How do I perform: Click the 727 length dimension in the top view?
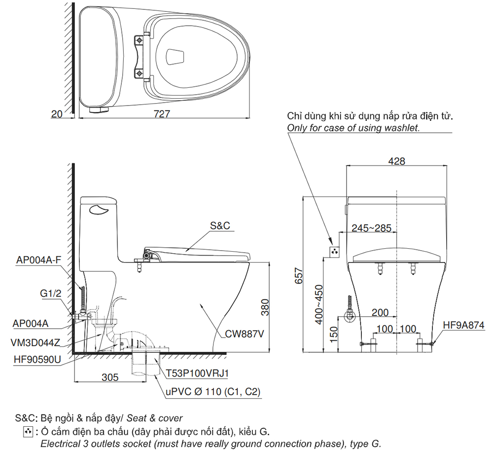[162, 113]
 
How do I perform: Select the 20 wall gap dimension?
[57, 114]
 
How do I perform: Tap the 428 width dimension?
[396, 161]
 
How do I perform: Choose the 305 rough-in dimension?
[110, 377]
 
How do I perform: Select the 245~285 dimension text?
[371, 228]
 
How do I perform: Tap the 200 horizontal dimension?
[380, 312]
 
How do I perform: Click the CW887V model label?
[244, 334]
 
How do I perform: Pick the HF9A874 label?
[463, 325]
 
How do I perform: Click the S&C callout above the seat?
[220, 226]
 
